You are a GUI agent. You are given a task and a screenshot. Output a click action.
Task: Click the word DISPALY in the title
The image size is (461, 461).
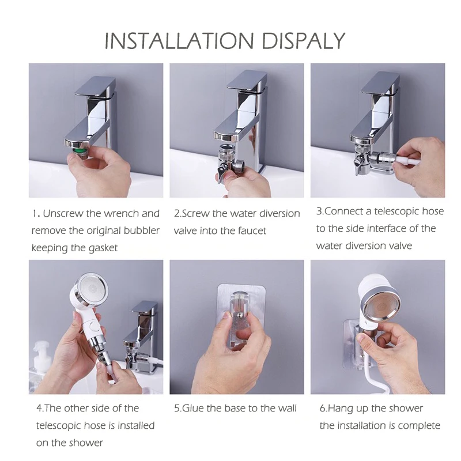tap(303, 40)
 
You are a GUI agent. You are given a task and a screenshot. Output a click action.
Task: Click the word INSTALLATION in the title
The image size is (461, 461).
tap(179, 40)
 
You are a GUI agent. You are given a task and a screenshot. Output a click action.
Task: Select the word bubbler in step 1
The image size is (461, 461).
tap(141, 230)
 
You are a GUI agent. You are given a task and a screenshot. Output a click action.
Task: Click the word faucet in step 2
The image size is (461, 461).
tap(252, 231)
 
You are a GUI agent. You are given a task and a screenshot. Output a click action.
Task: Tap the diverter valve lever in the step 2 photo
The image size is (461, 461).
tap(221, 172)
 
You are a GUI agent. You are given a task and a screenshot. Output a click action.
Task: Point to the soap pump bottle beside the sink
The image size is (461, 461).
tap(40, 365)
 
